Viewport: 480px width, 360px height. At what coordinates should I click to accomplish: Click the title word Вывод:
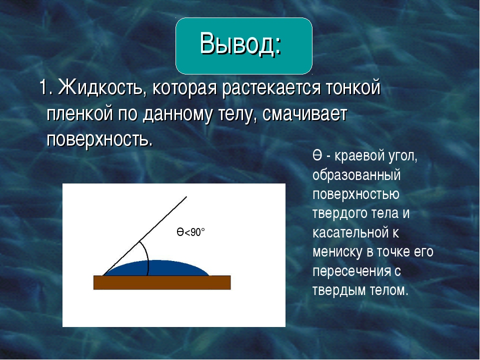tap(241, 43)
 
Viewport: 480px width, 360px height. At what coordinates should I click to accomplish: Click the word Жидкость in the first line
tap(100, 88)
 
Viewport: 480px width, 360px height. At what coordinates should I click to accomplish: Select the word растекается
tap(271, 88)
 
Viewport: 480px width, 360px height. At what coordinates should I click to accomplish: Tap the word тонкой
tap(353, 88)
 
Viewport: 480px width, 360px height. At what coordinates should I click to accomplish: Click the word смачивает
tap(304, 114)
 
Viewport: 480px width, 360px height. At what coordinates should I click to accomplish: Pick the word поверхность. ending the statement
tap(99, 140)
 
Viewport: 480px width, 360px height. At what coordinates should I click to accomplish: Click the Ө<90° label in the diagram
tap(190, 232)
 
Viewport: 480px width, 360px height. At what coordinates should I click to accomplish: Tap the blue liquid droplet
tap(156, 268)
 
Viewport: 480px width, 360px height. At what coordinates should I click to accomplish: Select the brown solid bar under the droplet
tap(162, 282)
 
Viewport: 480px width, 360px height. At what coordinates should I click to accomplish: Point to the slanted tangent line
tap(144, 236)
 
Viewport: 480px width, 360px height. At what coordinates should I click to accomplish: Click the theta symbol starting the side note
tap(317, 156)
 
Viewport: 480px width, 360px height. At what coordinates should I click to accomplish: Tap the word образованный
tap(356, 175)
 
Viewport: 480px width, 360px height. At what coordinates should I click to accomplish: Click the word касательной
tap(351, 232)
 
